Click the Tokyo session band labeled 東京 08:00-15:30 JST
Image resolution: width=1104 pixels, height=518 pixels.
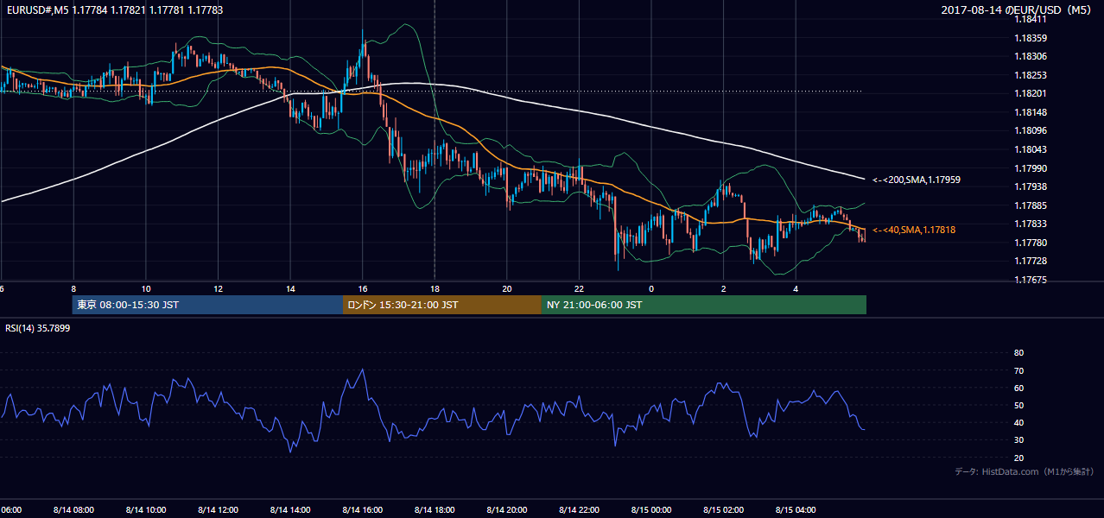(x=207, y=305)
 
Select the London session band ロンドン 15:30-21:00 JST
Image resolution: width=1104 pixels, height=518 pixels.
(x=442, y=305)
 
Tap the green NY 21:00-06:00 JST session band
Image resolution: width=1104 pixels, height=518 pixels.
(x=704, y=305)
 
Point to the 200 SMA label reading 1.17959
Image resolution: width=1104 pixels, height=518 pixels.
(x=917, y=180)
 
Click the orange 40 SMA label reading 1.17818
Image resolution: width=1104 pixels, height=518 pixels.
(x=914, y=230)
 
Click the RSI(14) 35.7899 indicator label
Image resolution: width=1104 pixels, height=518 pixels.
(x=37, y=328)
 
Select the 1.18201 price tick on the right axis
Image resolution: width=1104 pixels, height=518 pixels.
(x=1031, y=93)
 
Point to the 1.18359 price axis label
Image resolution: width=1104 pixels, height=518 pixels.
(x=1031, y=38)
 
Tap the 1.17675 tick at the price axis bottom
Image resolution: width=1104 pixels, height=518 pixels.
(x=1031, y=280)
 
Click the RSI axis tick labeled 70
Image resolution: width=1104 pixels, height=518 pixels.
(x=1018, y=370)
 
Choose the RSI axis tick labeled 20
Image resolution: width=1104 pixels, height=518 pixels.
(x=1018, y=458)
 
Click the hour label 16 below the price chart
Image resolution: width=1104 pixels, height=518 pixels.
(x=363, y=289)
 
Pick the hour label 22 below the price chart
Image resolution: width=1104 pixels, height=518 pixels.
(x=579, y=289)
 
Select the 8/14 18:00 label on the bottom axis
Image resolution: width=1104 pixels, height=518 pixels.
(x=435, y=510)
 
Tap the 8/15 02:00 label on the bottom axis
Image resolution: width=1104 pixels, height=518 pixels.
(x=724, y=510)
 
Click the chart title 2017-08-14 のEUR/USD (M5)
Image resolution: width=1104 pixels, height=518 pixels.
(x=1016, y=9)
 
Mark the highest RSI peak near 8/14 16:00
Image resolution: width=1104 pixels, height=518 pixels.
(x=363, y=370)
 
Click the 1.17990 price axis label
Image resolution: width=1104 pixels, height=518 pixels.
(x=1031, y=168)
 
